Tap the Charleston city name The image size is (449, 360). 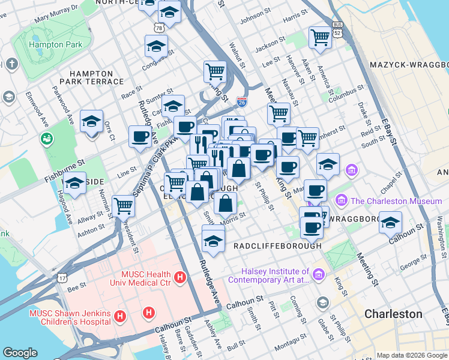[393, 314]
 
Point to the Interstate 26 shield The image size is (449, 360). [242, 103]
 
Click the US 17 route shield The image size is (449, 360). [62, 277]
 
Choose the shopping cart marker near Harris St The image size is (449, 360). [320, 37]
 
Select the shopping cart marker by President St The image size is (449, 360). [123, 206]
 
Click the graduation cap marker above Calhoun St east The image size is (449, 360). [391, 223]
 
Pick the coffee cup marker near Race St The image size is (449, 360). [140, 136]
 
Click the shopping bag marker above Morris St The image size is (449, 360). [225, 204]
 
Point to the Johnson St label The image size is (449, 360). [252, 22]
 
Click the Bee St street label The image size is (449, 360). [75, 289]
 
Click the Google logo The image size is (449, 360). [20, 353]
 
